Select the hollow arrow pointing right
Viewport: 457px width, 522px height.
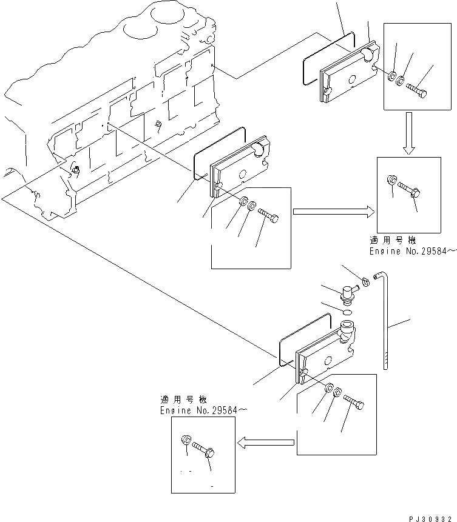[333, 212]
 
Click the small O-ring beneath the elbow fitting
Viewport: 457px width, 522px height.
[345, 313]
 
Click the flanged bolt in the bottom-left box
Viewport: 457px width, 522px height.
[205, 450]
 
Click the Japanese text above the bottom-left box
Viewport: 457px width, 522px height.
[183, 400]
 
